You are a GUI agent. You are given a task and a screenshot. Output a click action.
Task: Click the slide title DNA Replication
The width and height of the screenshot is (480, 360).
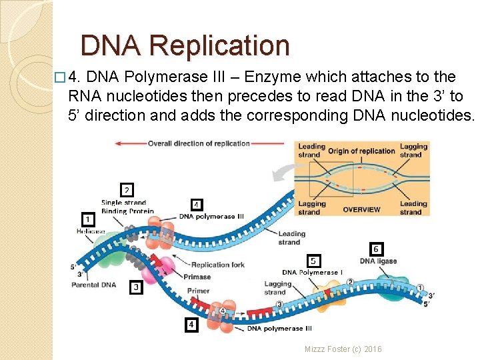tap(185, 45)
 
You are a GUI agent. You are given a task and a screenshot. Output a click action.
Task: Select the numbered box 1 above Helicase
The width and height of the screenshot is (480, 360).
tap(87, 218)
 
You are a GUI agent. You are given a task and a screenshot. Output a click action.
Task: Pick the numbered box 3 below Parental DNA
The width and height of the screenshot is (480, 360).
tap(136, 287)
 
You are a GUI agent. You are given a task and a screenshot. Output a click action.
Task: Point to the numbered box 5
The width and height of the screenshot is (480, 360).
tap(313, 260)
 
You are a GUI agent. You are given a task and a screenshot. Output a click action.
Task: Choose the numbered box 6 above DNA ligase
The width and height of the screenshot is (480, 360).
tap(376, 249)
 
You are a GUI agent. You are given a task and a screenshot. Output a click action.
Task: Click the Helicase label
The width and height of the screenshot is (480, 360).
tap(90, 231)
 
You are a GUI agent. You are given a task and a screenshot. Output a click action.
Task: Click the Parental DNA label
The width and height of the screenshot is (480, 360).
tap(93, 285)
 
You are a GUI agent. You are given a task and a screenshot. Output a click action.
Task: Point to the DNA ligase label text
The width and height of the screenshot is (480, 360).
tap(377, 261)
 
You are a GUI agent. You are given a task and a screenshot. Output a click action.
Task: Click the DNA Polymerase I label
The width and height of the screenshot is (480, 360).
tap(312, 272)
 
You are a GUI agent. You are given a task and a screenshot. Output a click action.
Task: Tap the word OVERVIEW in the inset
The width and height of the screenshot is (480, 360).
tap(361, 209)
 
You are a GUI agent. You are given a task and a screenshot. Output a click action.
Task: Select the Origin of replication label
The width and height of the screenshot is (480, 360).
tap(361, 151)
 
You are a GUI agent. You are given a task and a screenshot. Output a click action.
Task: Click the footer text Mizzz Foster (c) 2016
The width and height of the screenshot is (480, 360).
tap(343, 349)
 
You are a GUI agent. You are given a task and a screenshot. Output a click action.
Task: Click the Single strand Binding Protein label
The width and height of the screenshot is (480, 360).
tap(127, 207)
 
